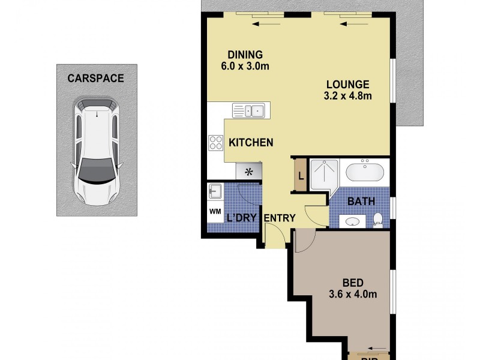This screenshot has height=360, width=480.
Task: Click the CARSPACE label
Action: click(95, 78)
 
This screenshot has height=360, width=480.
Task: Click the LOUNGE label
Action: click(347, 84)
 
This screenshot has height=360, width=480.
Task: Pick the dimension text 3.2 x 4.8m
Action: click(347, 95)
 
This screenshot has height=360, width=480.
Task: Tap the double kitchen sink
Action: click(249, 110)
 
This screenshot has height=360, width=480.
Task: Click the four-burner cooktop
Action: click(215, 142)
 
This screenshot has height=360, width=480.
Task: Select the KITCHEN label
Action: click(251, 143)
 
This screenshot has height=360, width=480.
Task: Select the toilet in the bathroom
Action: click(377, 220)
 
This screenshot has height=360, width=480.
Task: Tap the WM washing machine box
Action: click(214, 211)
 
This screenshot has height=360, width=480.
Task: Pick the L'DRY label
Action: click(242, 218)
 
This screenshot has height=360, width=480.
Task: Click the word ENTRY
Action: click(280, 218)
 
